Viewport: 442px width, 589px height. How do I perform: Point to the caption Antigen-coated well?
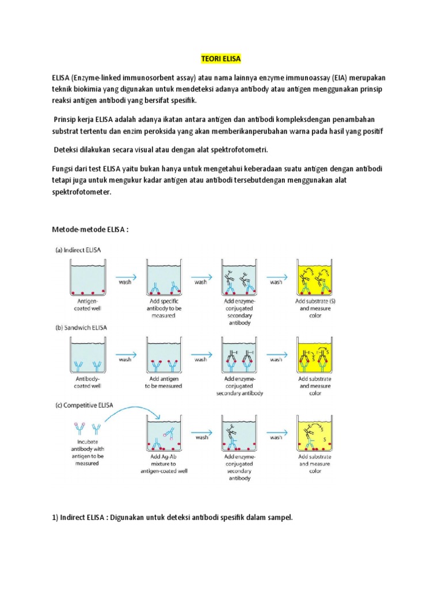coord(89,304)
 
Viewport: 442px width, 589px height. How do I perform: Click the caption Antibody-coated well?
coord(89,383)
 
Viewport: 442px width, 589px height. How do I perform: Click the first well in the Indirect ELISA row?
coord(89,276)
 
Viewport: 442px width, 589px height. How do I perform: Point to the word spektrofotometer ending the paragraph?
coord(81,193)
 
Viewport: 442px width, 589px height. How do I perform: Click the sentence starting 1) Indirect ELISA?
coord(172,518)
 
